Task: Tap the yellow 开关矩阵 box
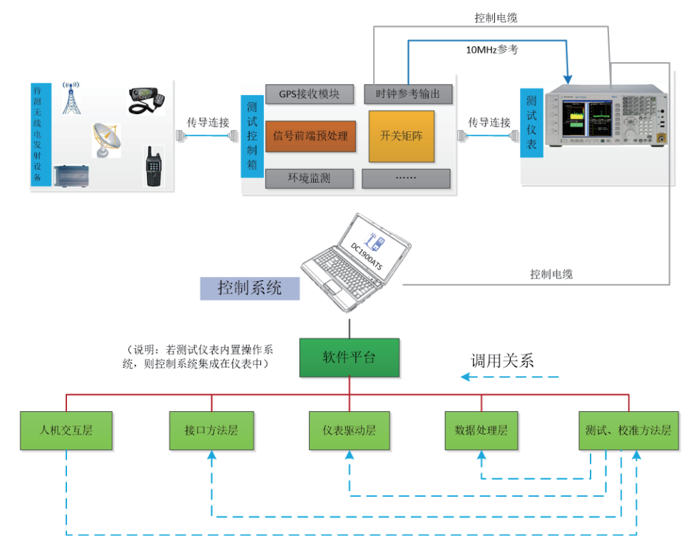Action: tap(401, 136)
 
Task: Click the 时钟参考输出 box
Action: tap(408, 94)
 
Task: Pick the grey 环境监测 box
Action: tap(310, 178)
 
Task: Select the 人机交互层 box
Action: tap(66, 431)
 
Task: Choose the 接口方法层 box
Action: tap(211, 431)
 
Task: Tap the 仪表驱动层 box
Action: tap(349, 431)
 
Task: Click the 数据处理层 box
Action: tap(481, 431)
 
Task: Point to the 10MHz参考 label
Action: tap(492, 51)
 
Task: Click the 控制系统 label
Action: tap(250, 288)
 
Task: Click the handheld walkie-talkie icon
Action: tap(153, 166)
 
